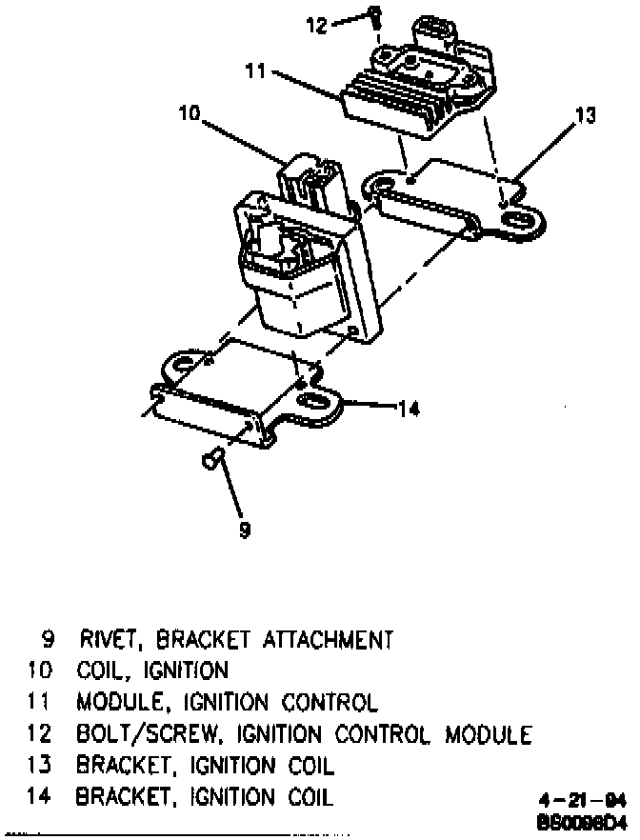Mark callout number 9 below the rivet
(x=244, y=530)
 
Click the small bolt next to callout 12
(x=375, y=16)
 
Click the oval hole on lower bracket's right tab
(x=312, y=400)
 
